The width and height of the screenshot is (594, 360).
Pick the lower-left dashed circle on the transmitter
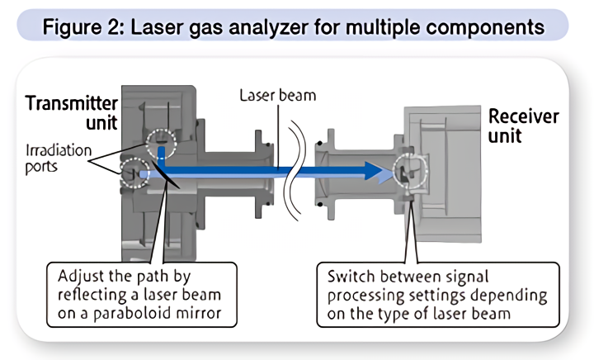pos(133,172)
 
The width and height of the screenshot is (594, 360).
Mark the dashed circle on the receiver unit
pos(411,171)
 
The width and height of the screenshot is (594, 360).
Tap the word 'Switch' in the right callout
pos(351,276)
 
